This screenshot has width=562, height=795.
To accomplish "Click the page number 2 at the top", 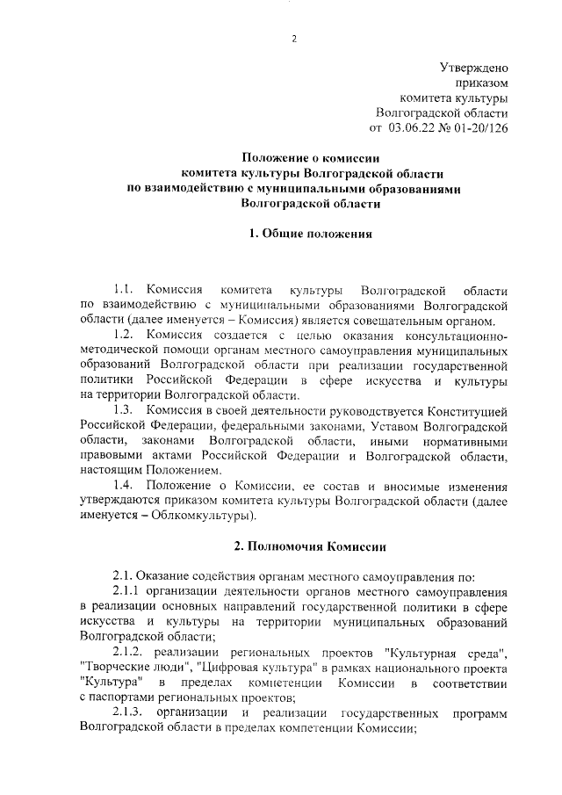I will click(x=294, y=38).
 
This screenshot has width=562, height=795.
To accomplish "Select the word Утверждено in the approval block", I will click(x=473, y=67).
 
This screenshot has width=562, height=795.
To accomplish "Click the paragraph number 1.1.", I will click(x=125, y=290).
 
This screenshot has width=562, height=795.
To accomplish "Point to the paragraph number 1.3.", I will click(x=125, y=411).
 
